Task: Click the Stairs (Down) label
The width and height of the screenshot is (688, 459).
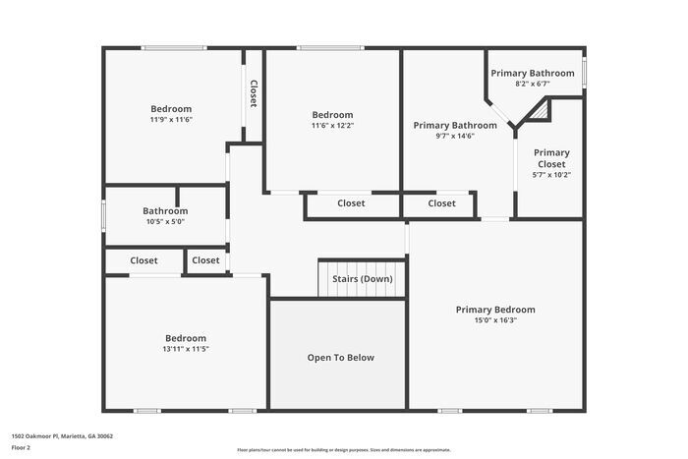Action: coord(363,279)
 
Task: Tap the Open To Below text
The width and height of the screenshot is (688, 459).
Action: coord(340,358)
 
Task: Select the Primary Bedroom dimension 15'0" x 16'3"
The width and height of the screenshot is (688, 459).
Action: coord(495,319)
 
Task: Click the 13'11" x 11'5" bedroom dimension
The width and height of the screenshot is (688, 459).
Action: coord(186,348)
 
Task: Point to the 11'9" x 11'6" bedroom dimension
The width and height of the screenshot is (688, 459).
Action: coord(171,119)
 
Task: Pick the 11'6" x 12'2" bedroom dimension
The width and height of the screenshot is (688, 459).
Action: coord(332,125)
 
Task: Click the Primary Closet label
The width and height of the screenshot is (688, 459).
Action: coord(551,158)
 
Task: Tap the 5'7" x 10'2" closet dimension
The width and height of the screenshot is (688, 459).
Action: coord(551,175)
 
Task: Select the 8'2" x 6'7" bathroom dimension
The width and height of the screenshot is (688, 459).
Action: coord(533,84)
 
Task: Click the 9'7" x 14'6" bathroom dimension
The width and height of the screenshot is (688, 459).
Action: coord(455,136)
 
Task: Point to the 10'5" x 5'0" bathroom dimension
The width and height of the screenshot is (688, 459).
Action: coord(164,221)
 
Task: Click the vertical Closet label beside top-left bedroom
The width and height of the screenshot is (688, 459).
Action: coord(253,93)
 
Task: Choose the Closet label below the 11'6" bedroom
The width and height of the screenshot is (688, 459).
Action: coord(351,203)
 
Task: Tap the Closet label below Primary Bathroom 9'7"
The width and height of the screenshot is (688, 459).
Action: coord(441,203)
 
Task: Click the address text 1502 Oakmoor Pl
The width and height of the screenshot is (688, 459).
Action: coord(62,435)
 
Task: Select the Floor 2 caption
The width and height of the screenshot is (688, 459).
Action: coord(21,447)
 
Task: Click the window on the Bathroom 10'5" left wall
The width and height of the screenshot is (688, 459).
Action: coord(104,215)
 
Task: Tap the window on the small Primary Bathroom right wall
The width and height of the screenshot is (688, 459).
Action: coord(584,72)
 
